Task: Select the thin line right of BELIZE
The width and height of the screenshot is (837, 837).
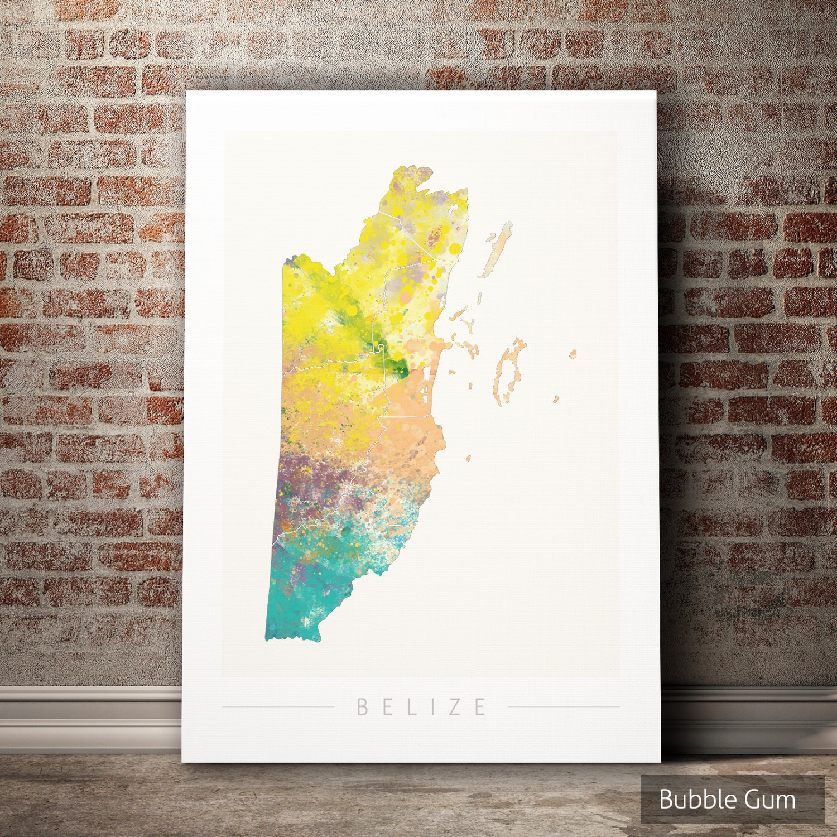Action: [564, 707]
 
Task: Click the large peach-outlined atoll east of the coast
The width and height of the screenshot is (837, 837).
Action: [509, 368]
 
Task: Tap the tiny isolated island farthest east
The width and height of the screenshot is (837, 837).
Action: [573, 354]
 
